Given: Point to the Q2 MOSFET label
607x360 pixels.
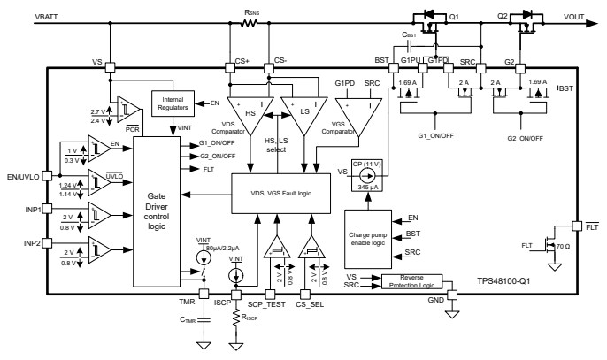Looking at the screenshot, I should point(502,15).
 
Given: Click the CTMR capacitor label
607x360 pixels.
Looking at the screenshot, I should point(188,321).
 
